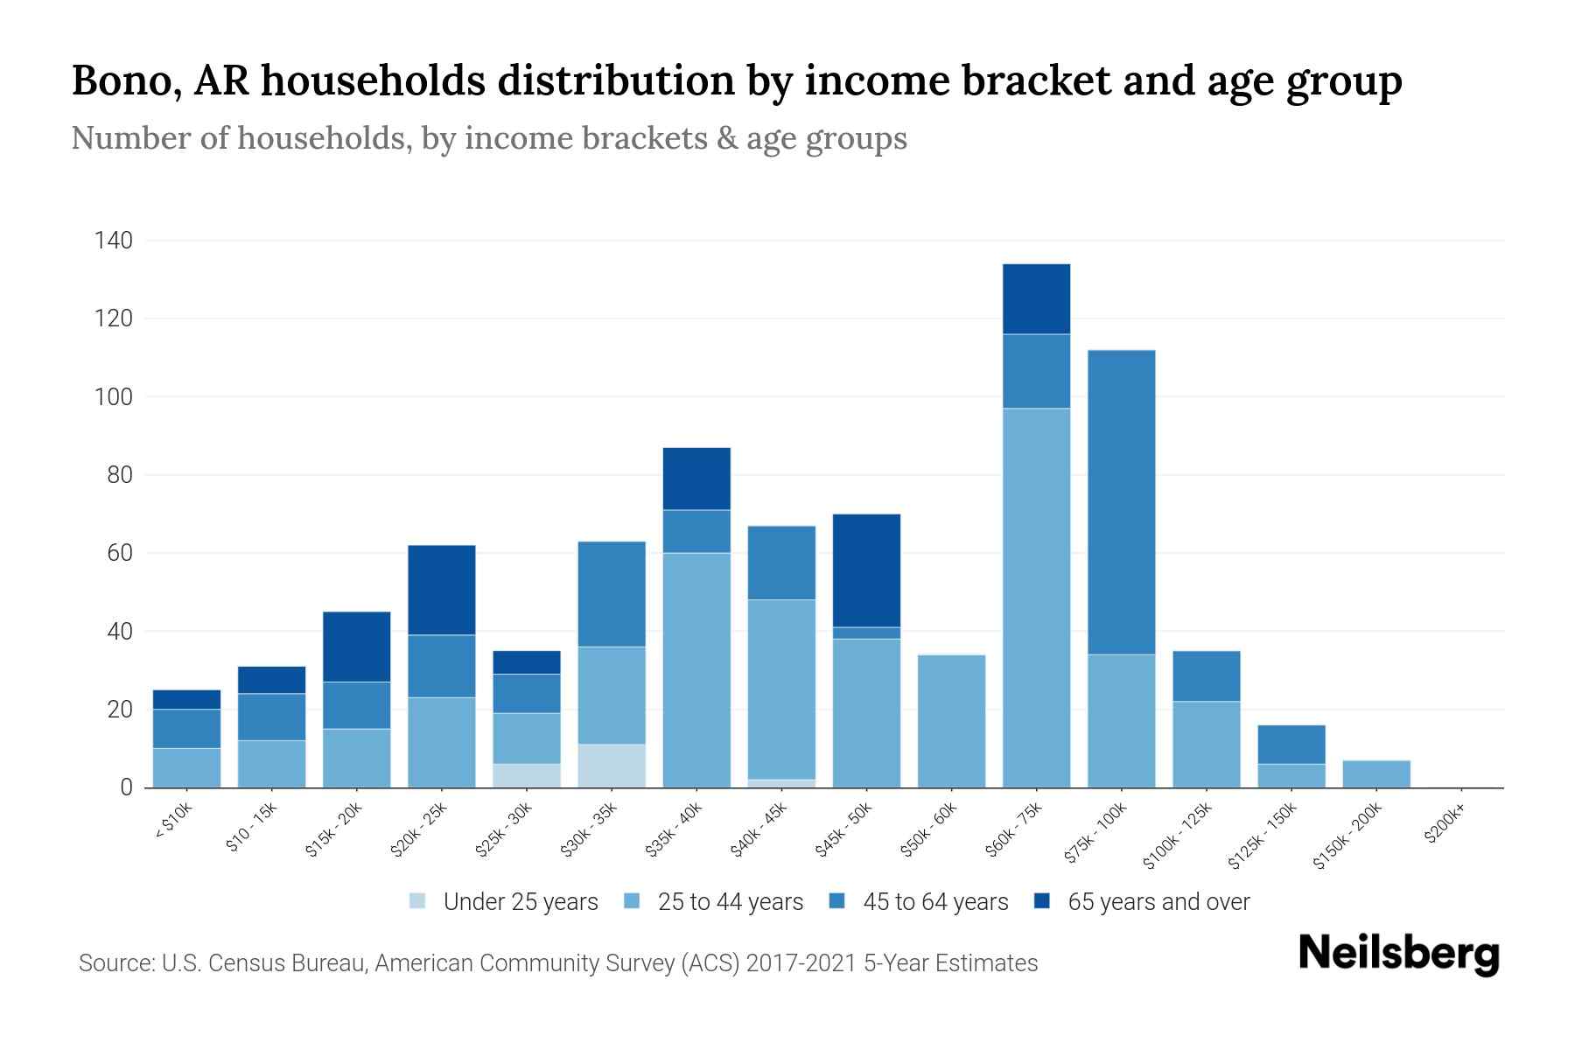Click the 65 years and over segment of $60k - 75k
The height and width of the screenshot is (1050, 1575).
coord(1036,299)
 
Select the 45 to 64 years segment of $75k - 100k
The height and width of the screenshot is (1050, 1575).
coord(1121,502)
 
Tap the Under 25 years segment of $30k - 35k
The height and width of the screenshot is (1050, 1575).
coord(612,766)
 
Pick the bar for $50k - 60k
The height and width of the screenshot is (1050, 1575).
coord(951,721)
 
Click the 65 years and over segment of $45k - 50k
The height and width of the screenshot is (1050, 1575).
coord(866,570)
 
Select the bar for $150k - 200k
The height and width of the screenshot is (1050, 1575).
coord(1376,774)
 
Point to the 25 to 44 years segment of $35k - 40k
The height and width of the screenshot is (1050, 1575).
coord(696,670)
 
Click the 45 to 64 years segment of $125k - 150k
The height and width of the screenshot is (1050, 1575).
coord(1291,745)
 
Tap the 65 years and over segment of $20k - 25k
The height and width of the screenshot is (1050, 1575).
coord(442,590)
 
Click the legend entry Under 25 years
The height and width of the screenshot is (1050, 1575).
coord(520,902)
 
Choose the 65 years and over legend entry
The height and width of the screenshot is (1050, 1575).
coord(1158,902)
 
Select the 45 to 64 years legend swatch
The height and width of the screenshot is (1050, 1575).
coord(836,901)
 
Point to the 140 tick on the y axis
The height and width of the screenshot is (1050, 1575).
coord(114,241)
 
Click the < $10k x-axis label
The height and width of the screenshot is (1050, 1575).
coord(173,823)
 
